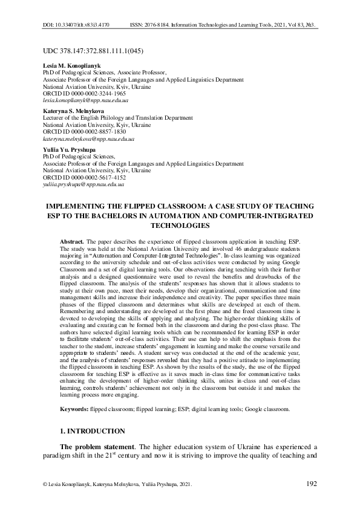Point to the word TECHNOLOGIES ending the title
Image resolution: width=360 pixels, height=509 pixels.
180,225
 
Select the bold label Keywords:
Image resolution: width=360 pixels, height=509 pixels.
74,409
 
